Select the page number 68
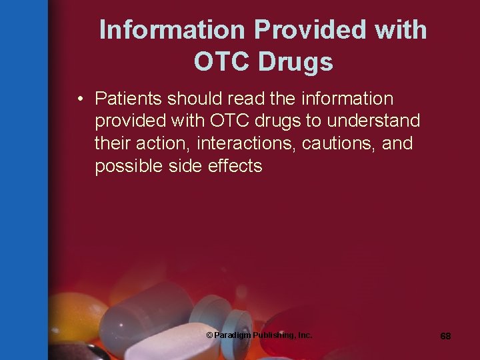pyautogui.click(x=445, y=336)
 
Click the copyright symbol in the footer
pyautogui.click(x=209, y=335)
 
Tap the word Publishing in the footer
pyautogui.click(x=271, y=335)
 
